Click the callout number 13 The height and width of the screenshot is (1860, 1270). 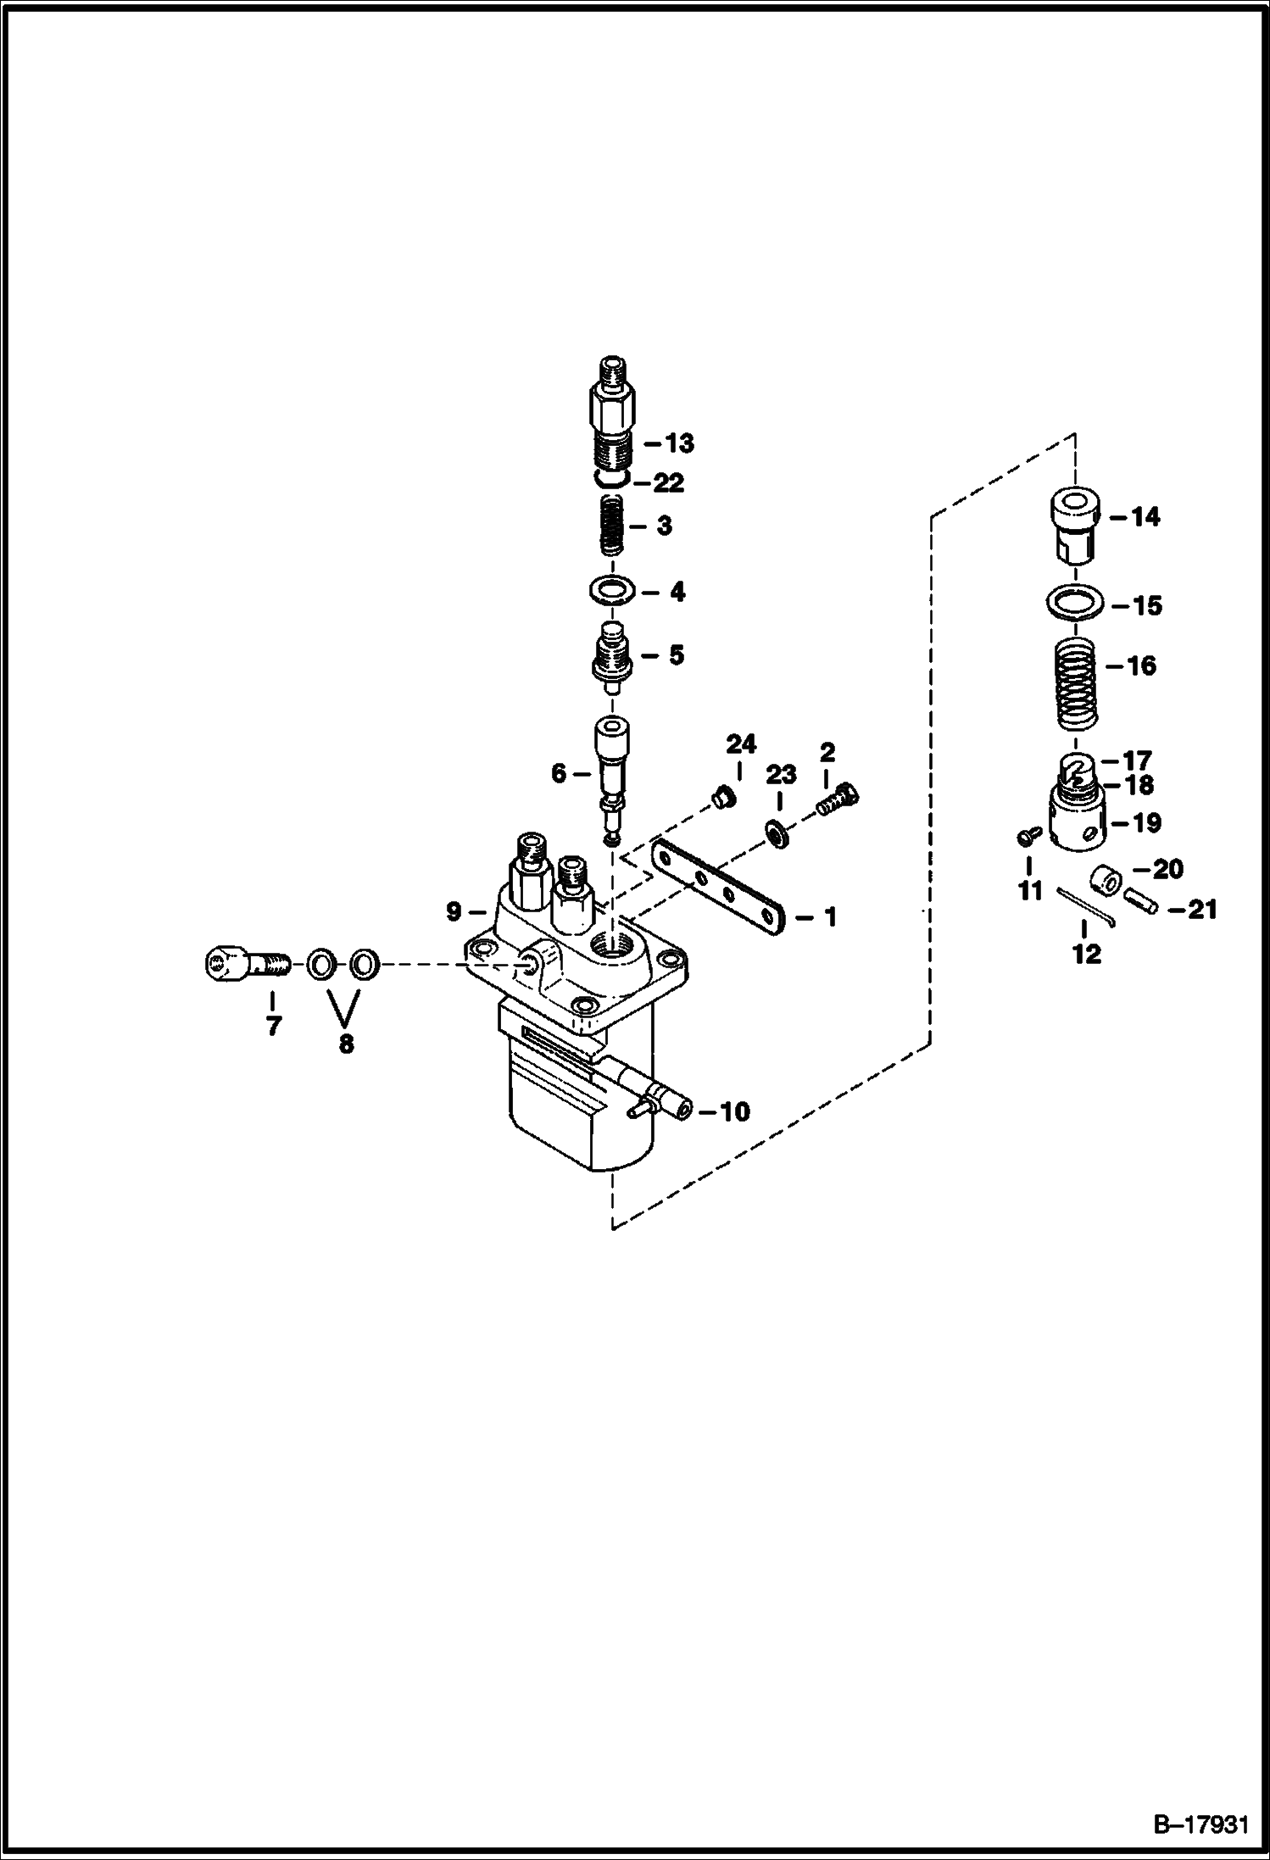[x=679, y=443]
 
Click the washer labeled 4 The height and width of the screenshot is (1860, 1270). [x=612, y=591]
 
